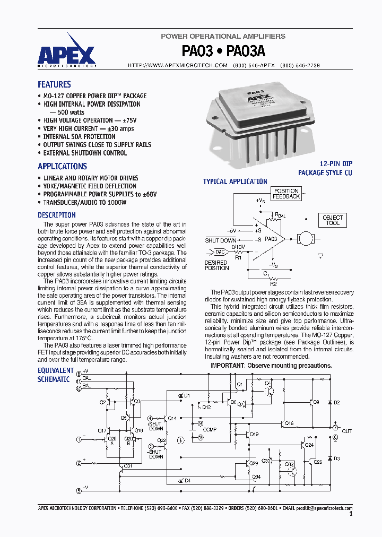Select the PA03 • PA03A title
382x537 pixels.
click(223, 51)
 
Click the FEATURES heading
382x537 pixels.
click(54, 84)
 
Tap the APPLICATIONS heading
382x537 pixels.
click(62, 166)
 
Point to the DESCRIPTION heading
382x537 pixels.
click(56, 215)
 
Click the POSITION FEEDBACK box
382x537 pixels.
click(286, 194)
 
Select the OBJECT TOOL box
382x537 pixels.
click(333, 220)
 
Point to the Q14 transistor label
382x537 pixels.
click(172, 419)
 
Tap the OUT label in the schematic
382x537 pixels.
click(346, 431)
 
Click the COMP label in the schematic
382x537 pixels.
click(210, 430)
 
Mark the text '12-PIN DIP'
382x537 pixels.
click(336, 164)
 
